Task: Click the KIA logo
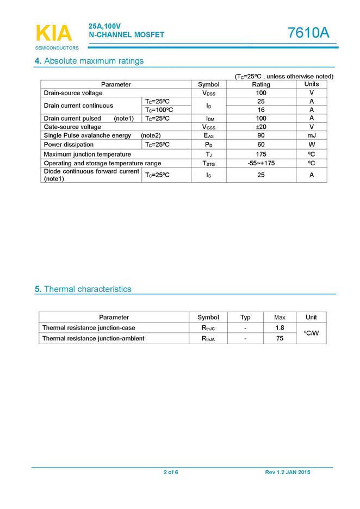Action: (53, 34)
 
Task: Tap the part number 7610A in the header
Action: (308, 33)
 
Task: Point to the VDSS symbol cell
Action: (208, 93)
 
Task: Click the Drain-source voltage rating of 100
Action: (261, 93)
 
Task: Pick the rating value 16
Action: (261, 110)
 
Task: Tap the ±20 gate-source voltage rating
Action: (261, 127)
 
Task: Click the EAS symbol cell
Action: (208, 135)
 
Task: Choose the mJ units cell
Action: (312, 135)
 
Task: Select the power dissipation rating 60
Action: (261, 144)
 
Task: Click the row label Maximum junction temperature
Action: (87, 154)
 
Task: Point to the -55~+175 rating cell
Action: (261, 163)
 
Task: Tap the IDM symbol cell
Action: (208, 119)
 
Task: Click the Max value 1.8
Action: (280, 328)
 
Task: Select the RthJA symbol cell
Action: (208, 338)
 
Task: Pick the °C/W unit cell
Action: (311, 333)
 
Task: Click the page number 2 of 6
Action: (171, 473)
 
